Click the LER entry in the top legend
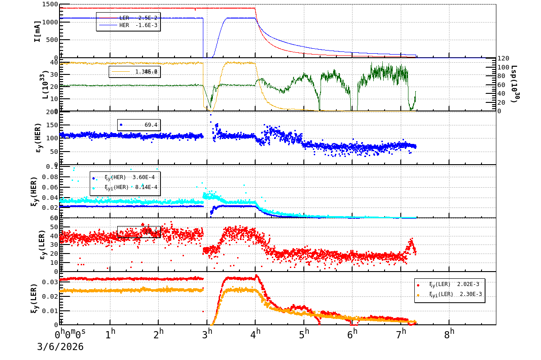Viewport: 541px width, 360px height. (x=128, y=18)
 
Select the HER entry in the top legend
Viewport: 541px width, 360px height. (x=128, y=25)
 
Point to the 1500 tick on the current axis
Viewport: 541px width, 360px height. (x=49, y=5)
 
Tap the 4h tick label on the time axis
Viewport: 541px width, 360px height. (x=256, y=334)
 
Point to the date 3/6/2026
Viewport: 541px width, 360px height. (x=60, y=347)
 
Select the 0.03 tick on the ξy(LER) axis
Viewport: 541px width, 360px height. (x=51, y=282)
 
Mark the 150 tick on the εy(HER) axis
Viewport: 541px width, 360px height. (x=51, y=125)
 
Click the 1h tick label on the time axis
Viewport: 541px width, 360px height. (x=110, y=334)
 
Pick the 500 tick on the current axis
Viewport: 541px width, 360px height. (x=51, y=40)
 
